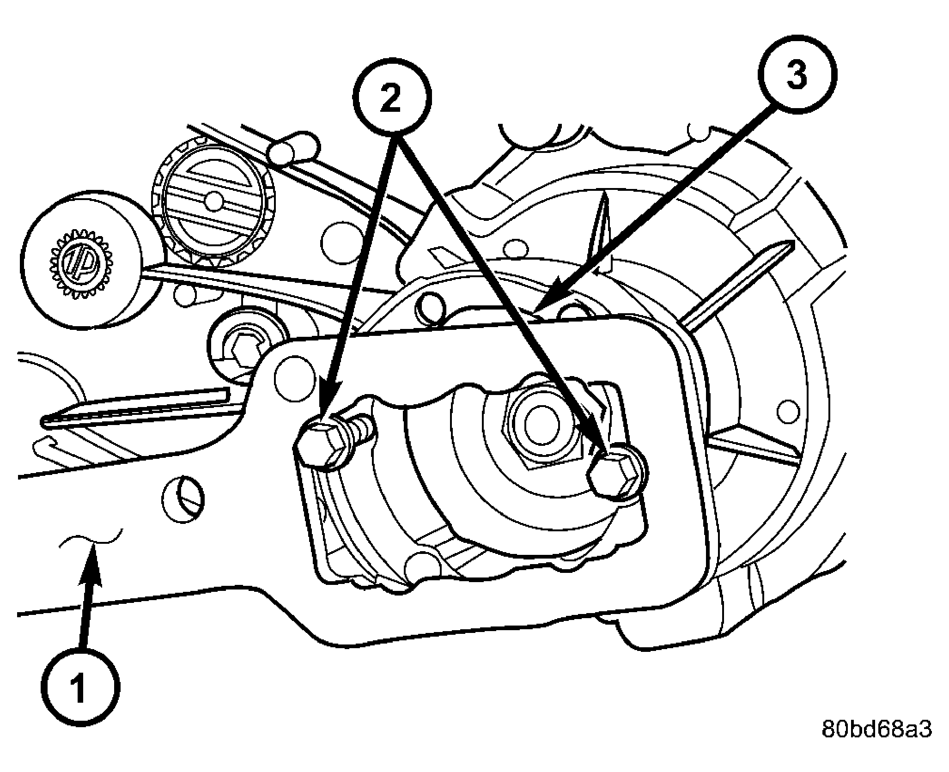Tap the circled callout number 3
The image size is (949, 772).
point(797,74)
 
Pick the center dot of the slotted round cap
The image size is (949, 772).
point(214,200)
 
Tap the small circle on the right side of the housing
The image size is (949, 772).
point(788,410)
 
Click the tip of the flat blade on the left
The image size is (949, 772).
point(44,420)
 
